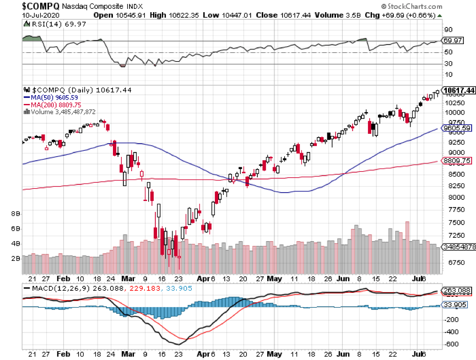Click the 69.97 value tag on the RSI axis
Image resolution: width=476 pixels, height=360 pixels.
pos(454,41)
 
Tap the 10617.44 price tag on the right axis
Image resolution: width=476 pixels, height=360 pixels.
pos(459,90)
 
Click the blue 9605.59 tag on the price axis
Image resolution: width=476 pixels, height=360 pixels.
pos(457,128)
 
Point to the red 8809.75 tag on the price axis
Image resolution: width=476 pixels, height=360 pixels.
pos(457,161)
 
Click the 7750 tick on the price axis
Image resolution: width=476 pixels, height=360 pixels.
pos(455,210)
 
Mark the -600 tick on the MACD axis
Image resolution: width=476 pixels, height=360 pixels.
pos(453,344)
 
